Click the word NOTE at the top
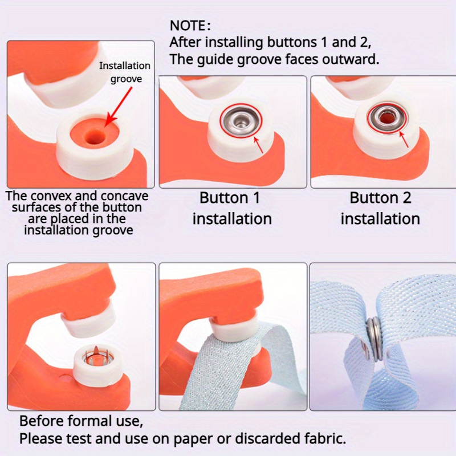click(x=188, y=26)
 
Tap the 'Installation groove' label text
click(x=125, y=72)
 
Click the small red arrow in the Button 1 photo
click(x=259, y=145)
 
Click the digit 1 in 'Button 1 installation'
click(x=256, y=198)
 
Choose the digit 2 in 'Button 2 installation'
click(x=406, y=198)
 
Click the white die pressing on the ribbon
click(x=234, y=329)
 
